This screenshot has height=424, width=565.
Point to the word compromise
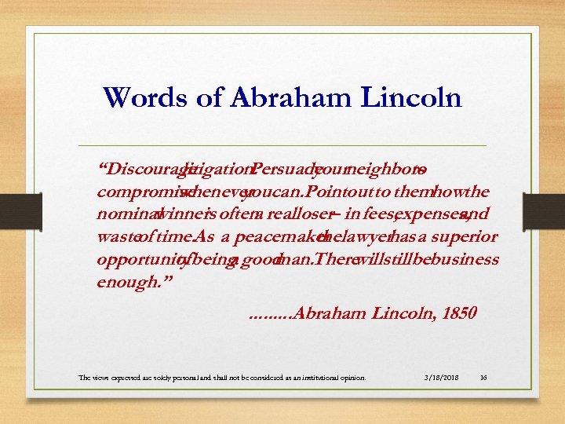point(137,192)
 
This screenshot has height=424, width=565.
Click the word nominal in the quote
point(126,214)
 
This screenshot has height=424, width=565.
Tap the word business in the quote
point(468,260)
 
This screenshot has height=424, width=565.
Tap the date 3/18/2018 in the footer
point(442,378)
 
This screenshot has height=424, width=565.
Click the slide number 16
point(483,378)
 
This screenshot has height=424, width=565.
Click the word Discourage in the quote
point(141,170)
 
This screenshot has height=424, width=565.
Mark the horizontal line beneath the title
point(282,146)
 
